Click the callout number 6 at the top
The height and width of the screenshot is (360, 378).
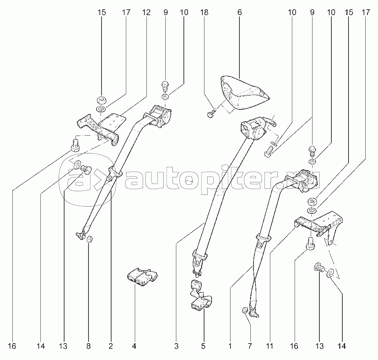pyautogui.click(x=239, y=13)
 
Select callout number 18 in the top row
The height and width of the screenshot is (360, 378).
pyautogui.click(x=204, y=13)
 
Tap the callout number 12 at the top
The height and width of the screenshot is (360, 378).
pyautogui.click(x=146, y=13)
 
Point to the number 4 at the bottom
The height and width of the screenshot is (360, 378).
pyautogui.click(x=134, y=346)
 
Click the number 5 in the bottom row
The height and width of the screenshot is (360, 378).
pyautogui.click(x=203, y=346)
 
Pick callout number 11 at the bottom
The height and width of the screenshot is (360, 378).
pyautogui.click(x=270, y=346)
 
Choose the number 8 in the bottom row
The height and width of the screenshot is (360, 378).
pyautogui.click(x=88, y=346)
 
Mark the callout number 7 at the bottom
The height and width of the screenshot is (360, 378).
pyautogui.click(x=250, y=346)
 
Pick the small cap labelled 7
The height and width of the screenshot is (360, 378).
pyautogui.click(x=245, y=311)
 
